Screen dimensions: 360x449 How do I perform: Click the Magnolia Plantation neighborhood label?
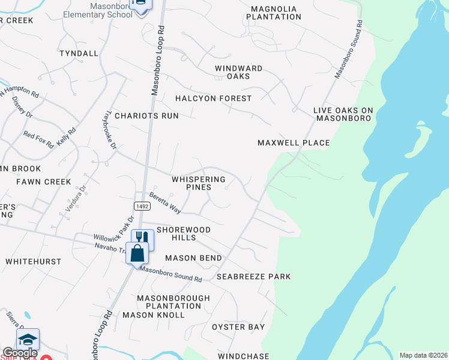coord(276,13)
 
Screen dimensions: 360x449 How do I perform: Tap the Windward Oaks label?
coord(239,72)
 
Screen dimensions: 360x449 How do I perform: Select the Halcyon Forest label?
coord(213,98)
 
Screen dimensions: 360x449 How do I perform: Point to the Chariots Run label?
coord(146,115)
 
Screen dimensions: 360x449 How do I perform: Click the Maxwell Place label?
coord(294,143)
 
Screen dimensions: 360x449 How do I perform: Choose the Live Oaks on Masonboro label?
coord(343,115)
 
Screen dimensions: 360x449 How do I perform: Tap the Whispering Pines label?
coord(199,183)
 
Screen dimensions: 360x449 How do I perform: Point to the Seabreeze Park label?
coord(253,277)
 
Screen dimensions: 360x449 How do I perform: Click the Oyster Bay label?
coord(238,327)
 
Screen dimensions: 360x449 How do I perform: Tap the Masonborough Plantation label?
coord(173,302)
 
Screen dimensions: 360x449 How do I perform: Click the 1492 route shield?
coord(142,206)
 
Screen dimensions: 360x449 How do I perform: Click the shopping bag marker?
coord(137,252)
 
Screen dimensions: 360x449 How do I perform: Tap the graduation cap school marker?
coord(28,339)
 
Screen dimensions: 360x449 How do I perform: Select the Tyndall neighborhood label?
coord(79,53)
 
